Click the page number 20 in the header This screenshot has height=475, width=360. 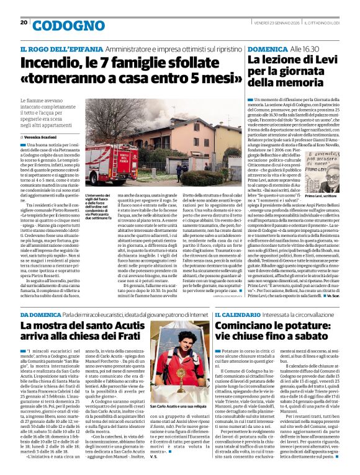(24, 23)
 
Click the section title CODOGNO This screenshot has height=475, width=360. (60, 25)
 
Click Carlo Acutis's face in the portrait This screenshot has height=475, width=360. (187, 351)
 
